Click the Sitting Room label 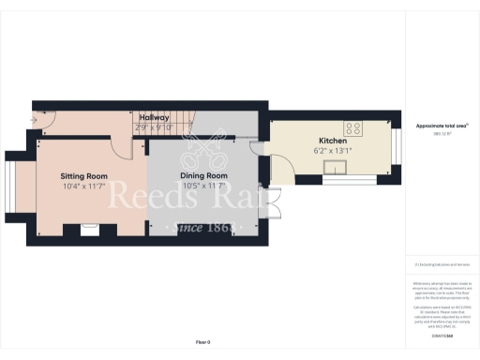click(x=84, y=176)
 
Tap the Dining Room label click(x=204, y=176)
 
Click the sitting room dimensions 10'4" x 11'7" click(x=84, y=187)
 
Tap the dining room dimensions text click(x=204, y=187)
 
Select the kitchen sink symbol click(x=336, y=168)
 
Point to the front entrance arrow click(x=36, y=119)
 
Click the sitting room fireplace click(x=90, y=226)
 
